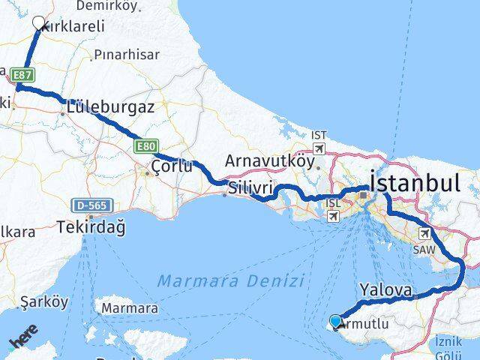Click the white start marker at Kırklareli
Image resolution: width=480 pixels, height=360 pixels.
[38, 24]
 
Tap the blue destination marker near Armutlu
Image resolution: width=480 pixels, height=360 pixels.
[334, 322]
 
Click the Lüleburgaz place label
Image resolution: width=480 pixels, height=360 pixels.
[110, 107]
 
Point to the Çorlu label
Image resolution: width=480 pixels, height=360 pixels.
[172, 166]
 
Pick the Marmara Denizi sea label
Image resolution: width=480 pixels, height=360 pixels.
[230, 281]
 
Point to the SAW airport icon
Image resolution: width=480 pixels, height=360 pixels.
[425, 233]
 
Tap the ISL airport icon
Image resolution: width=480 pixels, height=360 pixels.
[332, 216]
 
